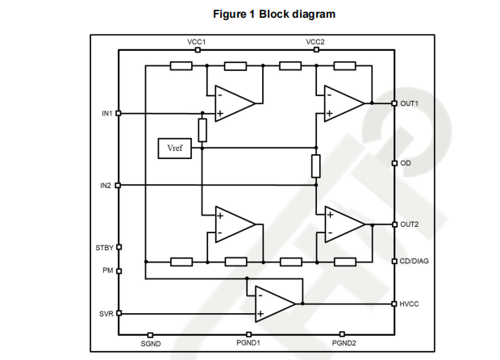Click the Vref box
point(176,149)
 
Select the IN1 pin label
point(106,113)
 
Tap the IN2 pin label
point(106,186)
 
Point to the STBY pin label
point(105,247)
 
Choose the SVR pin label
point(106,313)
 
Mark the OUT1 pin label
point(410,103)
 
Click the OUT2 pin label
point(410,224)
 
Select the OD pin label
point(406,163)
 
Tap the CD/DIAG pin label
point(415,261)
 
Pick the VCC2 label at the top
point(316,41)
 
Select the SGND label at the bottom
point(151,344)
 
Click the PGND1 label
point(249,344)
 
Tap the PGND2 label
point(344,344)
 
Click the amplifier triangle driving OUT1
point(343,103)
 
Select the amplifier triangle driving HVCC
point(274,303)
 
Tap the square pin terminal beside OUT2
point(394,224)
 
